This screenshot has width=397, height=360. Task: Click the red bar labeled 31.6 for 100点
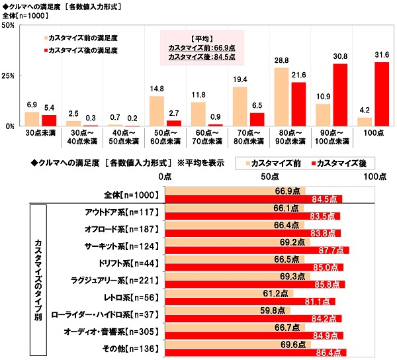(382, 94)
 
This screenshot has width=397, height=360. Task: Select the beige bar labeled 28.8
(281, 97)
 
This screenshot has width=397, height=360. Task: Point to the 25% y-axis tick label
(9, 75)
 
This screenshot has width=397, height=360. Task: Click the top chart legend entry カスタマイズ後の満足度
(83, 50)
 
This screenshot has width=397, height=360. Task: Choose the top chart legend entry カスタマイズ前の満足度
(83, 38)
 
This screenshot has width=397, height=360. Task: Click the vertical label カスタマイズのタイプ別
(39, 278)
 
